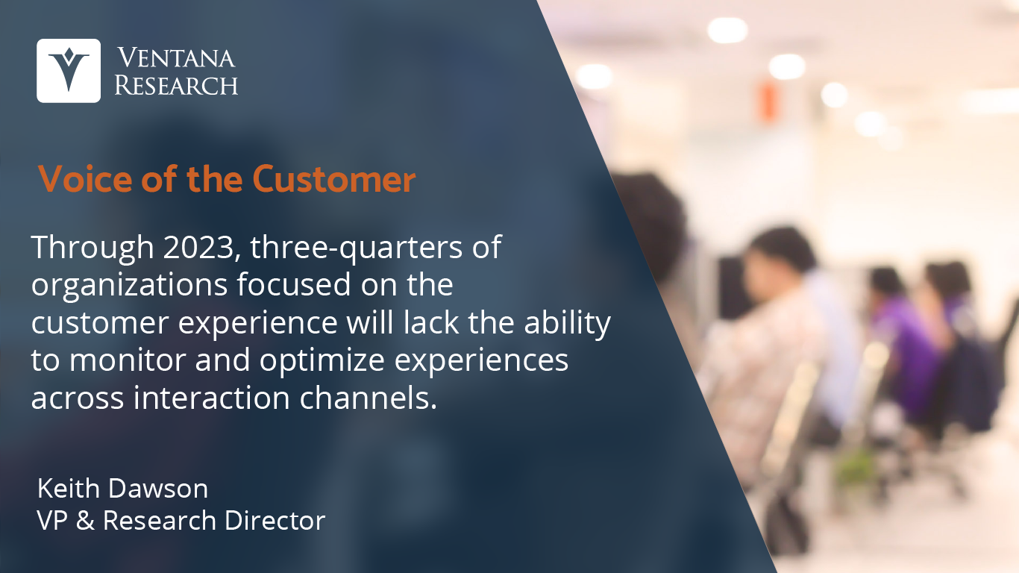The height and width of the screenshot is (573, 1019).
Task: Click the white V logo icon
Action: (x=69, y=71)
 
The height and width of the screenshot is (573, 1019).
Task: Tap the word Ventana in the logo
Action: (x=176, y=58)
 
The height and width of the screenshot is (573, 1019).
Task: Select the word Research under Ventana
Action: (x=176, y=84)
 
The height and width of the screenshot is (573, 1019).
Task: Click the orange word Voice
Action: (x=85, y=179)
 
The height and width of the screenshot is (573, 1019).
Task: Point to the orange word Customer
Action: (x=333, y=179)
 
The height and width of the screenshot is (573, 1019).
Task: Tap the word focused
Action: (x=294, y=284)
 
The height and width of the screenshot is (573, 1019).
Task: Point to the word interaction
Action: (x=212, y=398)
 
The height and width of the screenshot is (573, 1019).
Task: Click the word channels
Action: (x=369, y=398)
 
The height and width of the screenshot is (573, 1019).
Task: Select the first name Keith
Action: (x=68, y=489)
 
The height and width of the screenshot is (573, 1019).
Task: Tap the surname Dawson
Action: (x=158, y=489)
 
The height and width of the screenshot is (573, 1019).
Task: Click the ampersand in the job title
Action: (x=85, y=520)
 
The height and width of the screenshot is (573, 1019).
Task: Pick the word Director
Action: (x=275, y=520)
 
